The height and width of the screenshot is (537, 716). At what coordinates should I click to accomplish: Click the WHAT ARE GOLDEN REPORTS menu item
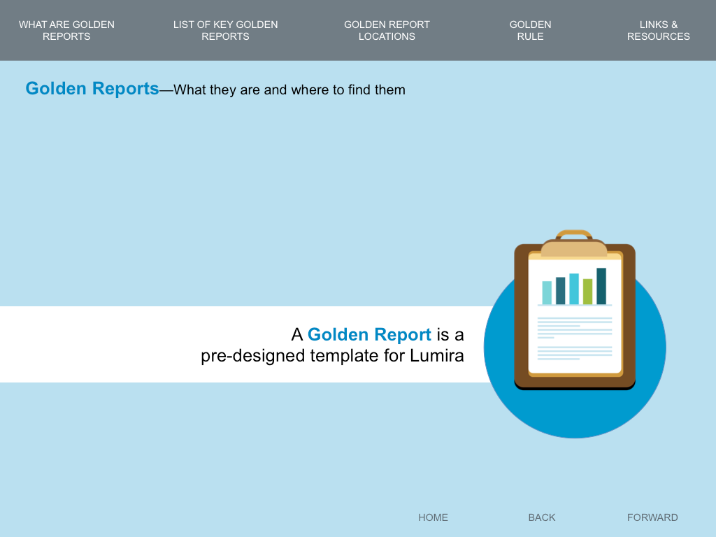(66, 30)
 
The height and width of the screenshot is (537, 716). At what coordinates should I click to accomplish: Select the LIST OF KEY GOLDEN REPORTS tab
(226, 30)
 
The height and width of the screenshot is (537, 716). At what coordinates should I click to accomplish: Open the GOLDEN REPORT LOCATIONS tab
(387, 30)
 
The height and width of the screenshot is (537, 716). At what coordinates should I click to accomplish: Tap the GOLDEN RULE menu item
(530, 30)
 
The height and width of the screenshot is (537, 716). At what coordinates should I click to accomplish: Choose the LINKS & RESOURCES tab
(659, 30)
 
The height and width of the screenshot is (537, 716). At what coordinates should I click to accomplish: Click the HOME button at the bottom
(433, 517)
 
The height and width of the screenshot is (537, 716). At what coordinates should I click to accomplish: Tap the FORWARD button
(652, 517)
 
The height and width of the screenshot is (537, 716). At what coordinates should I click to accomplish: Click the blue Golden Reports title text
(92, 89)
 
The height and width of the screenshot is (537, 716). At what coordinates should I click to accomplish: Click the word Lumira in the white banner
(436, 356)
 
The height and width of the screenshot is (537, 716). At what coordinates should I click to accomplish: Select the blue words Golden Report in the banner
(369, 335)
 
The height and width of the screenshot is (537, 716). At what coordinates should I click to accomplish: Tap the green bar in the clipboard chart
(587, 292)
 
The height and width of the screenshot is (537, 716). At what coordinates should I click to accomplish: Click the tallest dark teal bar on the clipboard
(601, 286)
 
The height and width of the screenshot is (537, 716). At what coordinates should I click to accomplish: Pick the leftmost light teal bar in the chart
(547, 293)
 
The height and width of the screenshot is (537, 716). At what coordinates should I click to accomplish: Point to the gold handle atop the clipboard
(574, 234)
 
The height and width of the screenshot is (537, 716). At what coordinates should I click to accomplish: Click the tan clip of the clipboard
(574, 248)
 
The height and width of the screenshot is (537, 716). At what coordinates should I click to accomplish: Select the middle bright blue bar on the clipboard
(574, 289)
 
